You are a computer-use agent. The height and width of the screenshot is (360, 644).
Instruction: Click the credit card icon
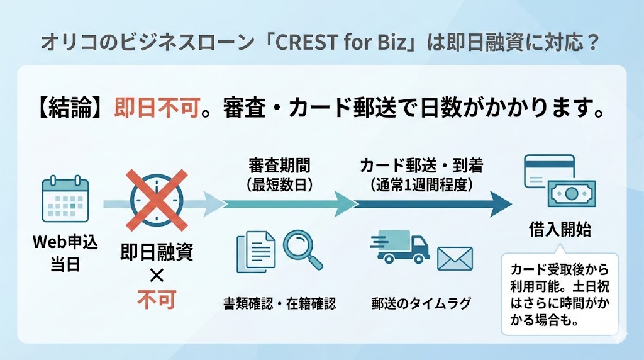tap(548, 172)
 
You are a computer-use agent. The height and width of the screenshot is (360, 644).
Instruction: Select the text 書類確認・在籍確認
tap(279, 303)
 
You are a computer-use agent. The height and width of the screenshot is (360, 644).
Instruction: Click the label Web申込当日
tap(65, 252)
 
